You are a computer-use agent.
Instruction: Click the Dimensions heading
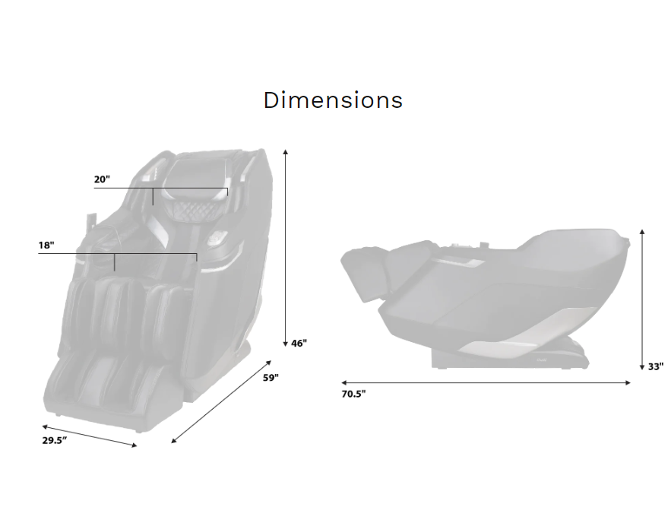(x=333, y=100)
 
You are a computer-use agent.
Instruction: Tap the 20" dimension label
(x=102, y=179)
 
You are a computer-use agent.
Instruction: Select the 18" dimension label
(x=46, y=246)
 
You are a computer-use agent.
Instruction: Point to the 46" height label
(x=299, y=344)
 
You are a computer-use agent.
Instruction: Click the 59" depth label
(x=271, y=378)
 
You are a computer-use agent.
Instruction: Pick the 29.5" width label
(x=55, y=440)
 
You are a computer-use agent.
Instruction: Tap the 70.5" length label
(x=353, y=394)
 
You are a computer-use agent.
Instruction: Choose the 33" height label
(x=656, y=366)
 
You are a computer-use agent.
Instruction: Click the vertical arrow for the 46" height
(x=286, y=248)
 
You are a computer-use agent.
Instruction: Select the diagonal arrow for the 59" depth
(x=221, y=401)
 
